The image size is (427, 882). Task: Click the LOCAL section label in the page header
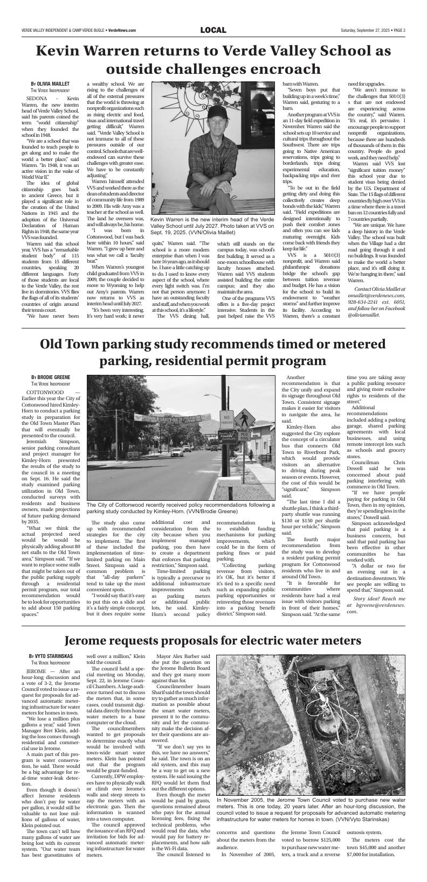(x=213, y=30)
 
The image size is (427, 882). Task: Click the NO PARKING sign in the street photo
(x=228, y=419)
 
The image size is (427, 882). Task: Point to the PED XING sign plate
(x=244, y=436)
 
